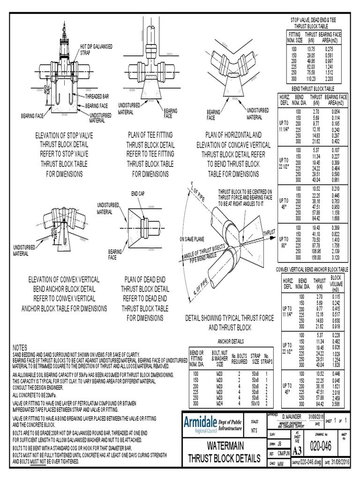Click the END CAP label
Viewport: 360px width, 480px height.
(138, 193)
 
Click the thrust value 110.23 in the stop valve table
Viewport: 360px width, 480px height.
(311, 79)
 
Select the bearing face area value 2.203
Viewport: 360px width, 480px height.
(332, 79)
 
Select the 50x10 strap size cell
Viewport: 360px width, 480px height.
(255, 403)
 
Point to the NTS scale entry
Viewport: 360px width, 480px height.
(255, 430)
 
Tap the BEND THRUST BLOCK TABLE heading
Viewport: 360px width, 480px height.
(313, 89)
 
